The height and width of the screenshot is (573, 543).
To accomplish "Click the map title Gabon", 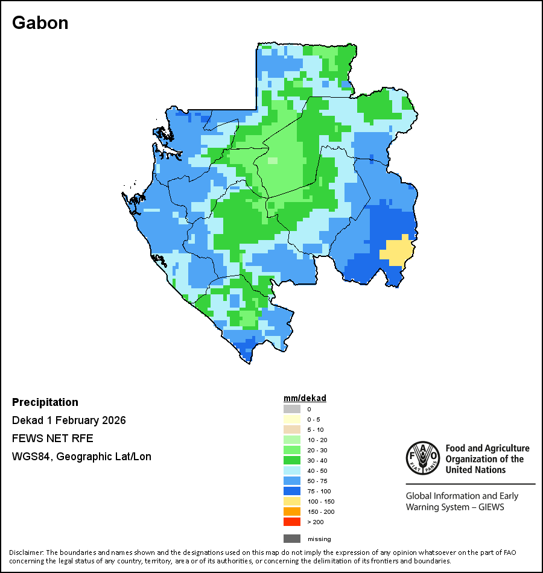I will [x=40, y=23].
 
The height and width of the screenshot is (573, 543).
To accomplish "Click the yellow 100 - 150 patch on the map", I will [x=396, y=251].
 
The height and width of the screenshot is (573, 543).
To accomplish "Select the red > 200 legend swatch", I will [x=291, y=522].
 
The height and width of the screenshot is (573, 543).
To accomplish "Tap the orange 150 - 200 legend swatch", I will [x=291, y=511].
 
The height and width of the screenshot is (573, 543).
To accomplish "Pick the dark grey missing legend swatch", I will [x=291, y=539].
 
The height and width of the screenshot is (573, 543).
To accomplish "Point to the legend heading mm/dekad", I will [x=305, y=398].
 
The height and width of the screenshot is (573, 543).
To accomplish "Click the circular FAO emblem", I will [x=422, y=458].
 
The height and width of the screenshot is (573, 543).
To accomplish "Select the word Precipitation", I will [x=45, y=402].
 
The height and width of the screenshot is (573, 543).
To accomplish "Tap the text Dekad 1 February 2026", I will [x=69, y=420].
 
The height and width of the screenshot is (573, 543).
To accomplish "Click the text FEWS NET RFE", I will [x=52, y=438].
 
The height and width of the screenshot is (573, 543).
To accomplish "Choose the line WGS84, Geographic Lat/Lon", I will [x=81, y=457].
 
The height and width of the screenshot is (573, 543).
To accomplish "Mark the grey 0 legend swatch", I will [x=291, y=409].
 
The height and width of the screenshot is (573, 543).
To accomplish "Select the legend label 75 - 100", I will [x=319, y=491].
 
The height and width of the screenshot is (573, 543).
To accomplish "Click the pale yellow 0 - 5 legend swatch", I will [x=291, y=419].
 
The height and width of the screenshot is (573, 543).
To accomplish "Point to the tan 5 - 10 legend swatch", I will [x=291, y=429].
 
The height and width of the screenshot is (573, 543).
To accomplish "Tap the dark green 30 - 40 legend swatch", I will [x=291, y=460].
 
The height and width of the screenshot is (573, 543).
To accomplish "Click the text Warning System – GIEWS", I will [x=455, y=507].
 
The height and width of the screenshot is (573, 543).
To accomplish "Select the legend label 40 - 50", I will [x=317, y=470].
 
